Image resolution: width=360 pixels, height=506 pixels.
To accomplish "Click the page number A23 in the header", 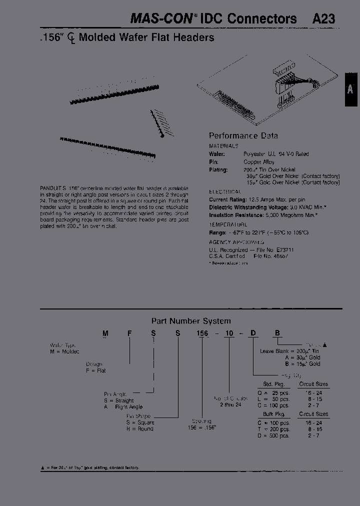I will click(x=323, y=19).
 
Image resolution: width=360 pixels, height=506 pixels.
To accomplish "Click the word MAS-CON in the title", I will click(x=161, y=19).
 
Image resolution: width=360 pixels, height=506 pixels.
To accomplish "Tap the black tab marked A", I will click(x=351, y=89).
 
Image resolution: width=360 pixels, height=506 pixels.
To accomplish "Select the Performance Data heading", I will click(x=243, y=135).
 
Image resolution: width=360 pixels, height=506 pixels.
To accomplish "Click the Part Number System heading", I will click(x=191, y=321).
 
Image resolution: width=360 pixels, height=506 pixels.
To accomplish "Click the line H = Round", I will click(x=139, y=429).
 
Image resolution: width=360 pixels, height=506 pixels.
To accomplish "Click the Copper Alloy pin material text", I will click(x=259, y=162).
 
